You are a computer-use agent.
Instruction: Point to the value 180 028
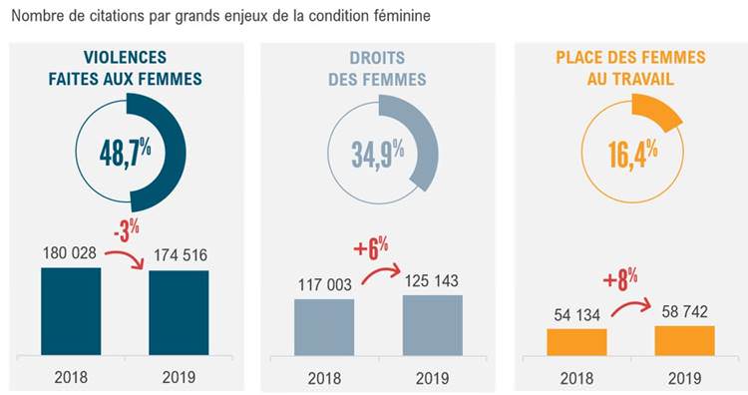pos(69,253)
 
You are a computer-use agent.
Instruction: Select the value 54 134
pos(577,314)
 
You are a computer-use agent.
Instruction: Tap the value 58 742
pos(685,311)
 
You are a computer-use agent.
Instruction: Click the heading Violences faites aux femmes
pos(126,68)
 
